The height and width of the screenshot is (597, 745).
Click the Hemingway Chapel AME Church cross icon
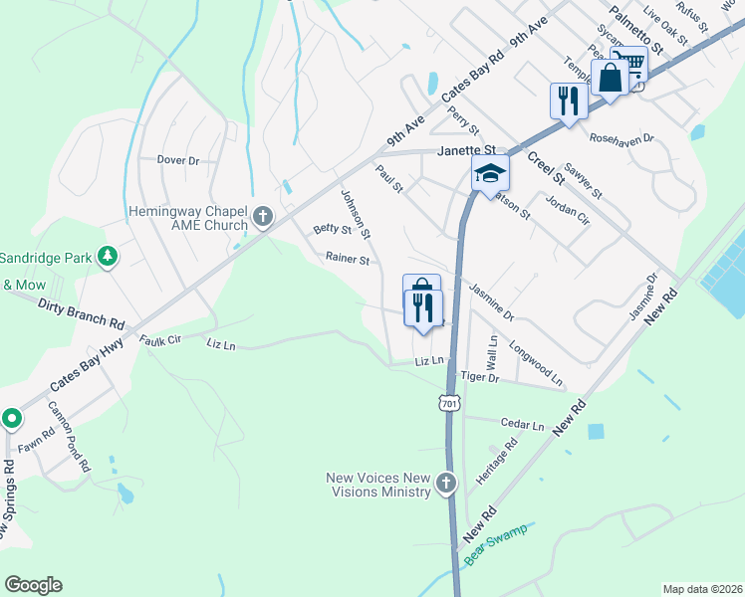pyautogui.click(x=263, y=217)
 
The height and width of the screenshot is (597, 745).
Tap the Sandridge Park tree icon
pyautogui.click(x=107, y=258)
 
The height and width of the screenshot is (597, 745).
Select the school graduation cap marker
pyautogui.click(x=490, y=174)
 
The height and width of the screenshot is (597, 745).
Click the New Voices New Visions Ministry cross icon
pyautogui.click(x=445, y=485)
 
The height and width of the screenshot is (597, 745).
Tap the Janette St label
pyautogui.click(x=467, y=151)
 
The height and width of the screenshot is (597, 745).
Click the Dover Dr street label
pyautogui.click(x=178, y=160)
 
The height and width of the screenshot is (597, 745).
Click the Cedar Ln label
pyautogui.click(x=523, y=424)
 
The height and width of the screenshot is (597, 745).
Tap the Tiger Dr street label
pyautogui.click(x=480, y=377)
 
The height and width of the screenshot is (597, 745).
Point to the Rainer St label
pyautogui.click(x=348, y=260)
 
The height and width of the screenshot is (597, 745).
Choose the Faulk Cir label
pyautogui.click(x=160, y=340)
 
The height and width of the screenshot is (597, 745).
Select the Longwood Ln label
pyautogui.click(x=536, y=365)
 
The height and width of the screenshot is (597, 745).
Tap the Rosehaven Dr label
pyautogui.click(x=621, y=138)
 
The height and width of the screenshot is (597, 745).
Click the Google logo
pyautogui.click(x=33, y=585)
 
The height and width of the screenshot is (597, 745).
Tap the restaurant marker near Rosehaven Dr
pyautogui.click(x=568, y=101)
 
